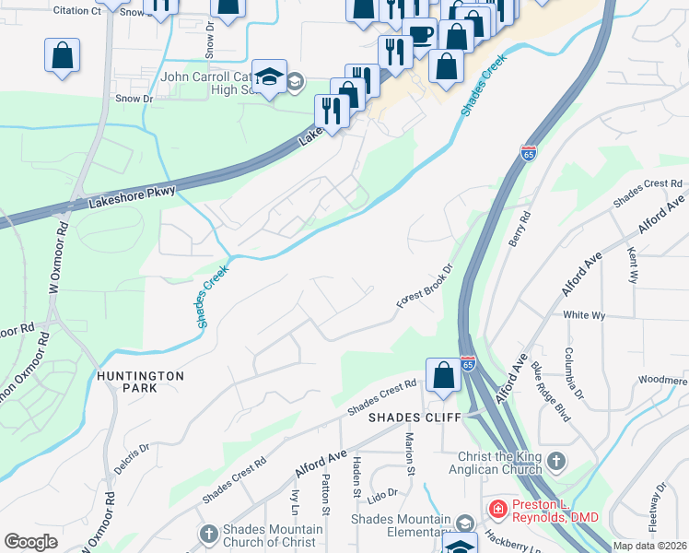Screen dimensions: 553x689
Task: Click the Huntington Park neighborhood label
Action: (x=140, y=382)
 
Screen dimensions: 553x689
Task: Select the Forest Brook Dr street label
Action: (x=426, y=288)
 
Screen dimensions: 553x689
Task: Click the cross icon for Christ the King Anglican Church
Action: (x=555, y=460)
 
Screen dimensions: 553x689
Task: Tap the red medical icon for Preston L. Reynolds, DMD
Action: (x=497, y=508)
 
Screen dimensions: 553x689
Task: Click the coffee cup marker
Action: (x=420, y=35)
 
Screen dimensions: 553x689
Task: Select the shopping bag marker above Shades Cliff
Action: (x=443, y=376)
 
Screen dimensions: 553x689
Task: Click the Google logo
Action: (x=31, y=542)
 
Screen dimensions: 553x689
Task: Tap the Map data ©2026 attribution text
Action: (x=649, y=546)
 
